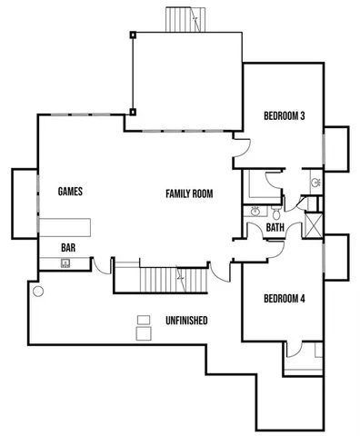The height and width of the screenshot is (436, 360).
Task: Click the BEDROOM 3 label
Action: coord(284,115)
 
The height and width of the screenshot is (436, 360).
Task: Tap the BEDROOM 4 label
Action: coord(284,299)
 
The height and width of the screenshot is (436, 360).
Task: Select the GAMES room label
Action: coord(70,192)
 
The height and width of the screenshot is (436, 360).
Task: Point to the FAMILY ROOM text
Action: coord(188,193)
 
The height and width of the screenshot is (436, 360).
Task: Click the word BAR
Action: coord(68,247)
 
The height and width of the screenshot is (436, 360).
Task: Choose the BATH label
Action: coord(275,228)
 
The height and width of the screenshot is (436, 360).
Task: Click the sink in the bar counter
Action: coord(65,263)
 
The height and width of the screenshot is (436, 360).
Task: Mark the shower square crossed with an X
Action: coord(314,223)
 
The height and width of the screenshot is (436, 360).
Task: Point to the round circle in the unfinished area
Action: coord(37,292)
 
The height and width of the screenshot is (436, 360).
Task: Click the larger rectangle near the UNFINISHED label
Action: coord(143,334)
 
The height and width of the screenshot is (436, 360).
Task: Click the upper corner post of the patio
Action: coord(133,35)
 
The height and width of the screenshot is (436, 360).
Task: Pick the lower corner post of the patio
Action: coord(133,113)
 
